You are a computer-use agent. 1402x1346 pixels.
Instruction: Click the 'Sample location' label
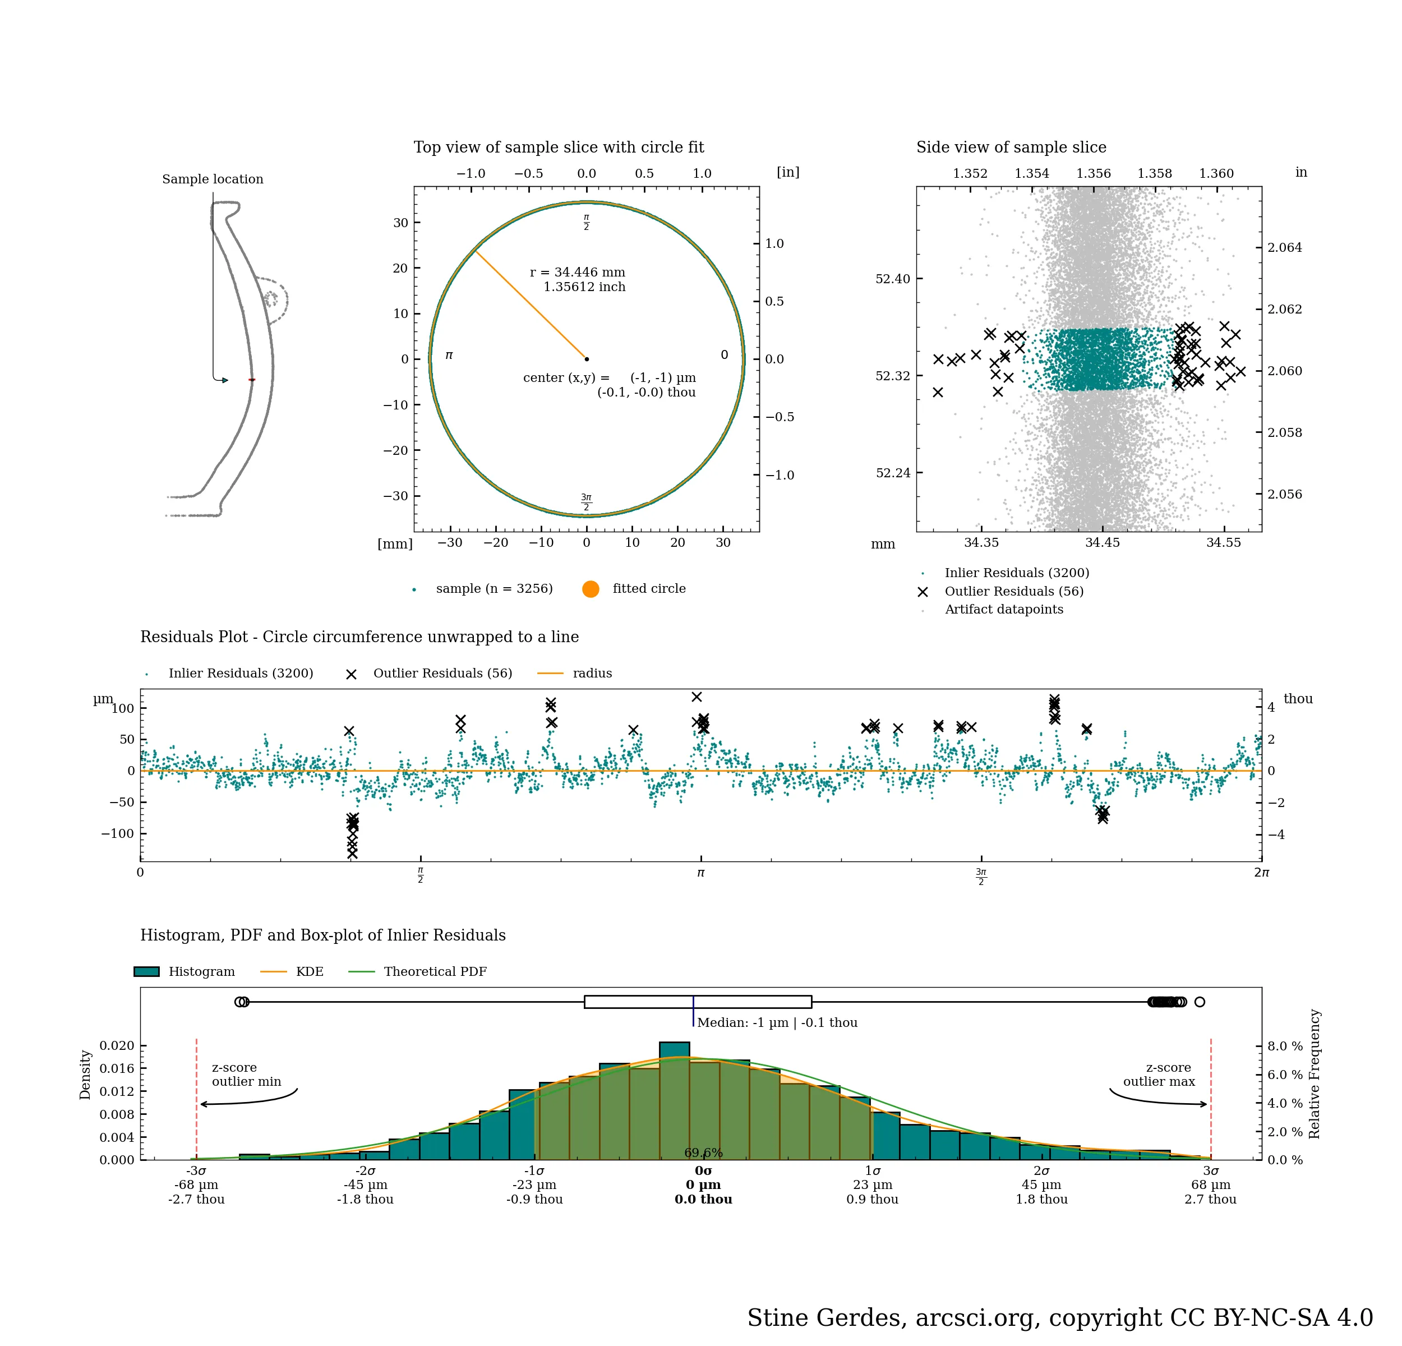[213, 179]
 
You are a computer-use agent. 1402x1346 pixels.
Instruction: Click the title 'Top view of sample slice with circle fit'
[558, 147]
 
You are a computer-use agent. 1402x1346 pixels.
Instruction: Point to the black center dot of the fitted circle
[587, 359]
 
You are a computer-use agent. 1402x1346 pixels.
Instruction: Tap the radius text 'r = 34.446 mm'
[577, 273]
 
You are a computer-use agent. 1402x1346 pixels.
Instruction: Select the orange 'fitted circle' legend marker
[590, 589]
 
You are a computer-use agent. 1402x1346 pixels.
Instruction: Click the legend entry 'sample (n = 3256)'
[494, 589]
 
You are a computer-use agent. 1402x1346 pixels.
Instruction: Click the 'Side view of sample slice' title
[1011, 147]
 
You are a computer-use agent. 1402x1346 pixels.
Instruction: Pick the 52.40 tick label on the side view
[893, 279]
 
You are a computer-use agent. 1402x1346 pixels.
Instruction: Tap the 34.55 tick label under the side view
[1223, 543]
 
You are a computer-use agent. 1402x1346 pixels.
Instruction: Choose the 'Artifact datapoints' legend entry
[1004, 610]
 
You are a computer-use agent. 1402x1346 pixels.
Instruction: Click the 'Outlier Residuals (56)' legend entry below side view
[1013, 592]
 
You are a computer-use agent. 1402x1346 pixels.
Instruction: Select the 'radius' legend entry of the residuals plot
[592, 673]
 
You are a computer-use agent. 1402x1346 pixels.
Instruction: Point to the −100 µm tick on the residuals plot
[117, 833]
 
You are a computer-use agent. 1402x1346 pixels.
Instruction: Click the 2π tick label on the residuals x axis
[1261, 873]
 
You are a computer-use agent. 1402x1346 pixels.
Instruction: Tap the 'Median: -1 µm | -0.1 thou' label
[777, 1023]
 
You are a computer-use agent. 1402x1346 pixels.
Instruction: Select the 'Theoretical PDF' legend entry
[435, 971]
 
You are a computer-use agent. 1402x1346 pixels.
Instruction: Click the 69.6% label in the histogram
[703, 1153]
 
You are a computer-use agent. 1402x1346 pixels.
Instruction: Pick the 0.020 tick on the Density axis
[117, 1045]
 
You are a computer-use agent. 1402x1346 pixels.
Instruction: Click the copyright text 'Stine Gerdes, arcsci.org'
[894, 1317]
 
